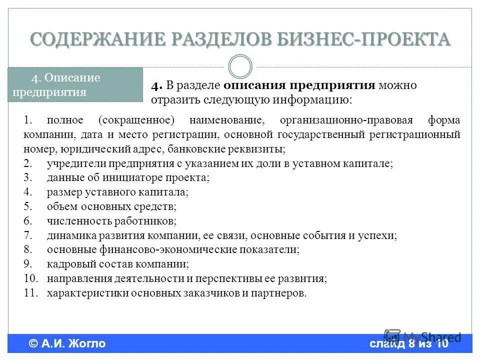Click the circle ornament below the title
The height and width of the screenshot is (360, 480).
point(240,66)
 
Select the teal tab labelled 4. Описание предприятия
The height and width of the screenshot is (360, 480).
point(75,85)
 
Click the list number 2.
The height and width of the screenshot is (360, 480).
point(28,163)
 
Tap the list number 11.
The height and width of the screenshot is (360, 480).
point(30,293)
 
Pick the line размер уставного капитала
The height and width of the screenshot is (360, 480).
point(117,192)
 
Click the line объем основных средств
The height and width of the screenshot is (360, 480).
point(111,206)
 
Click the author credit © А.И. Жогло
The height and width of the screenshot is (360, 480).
point(67,343)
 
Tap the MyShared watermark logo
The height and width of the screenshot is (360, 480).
point(422,336)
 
